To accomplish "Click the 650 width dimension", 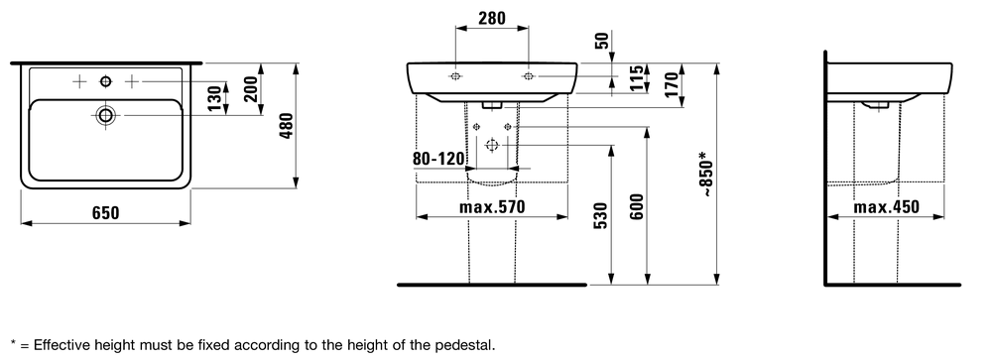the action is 106,212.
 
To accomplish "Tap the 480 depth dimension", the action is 287,126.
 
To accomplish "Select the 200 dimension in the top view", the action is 251,88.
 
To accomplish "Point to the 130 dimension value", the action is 215,98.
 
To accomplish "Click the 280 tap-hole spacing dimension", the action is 492,19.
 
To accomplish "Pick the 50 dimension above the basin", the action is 602,41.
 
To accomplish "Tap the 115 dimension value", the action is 638,78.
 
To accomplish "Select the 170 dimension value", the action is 673,83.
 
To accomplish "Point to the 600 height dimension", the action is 637,206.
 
